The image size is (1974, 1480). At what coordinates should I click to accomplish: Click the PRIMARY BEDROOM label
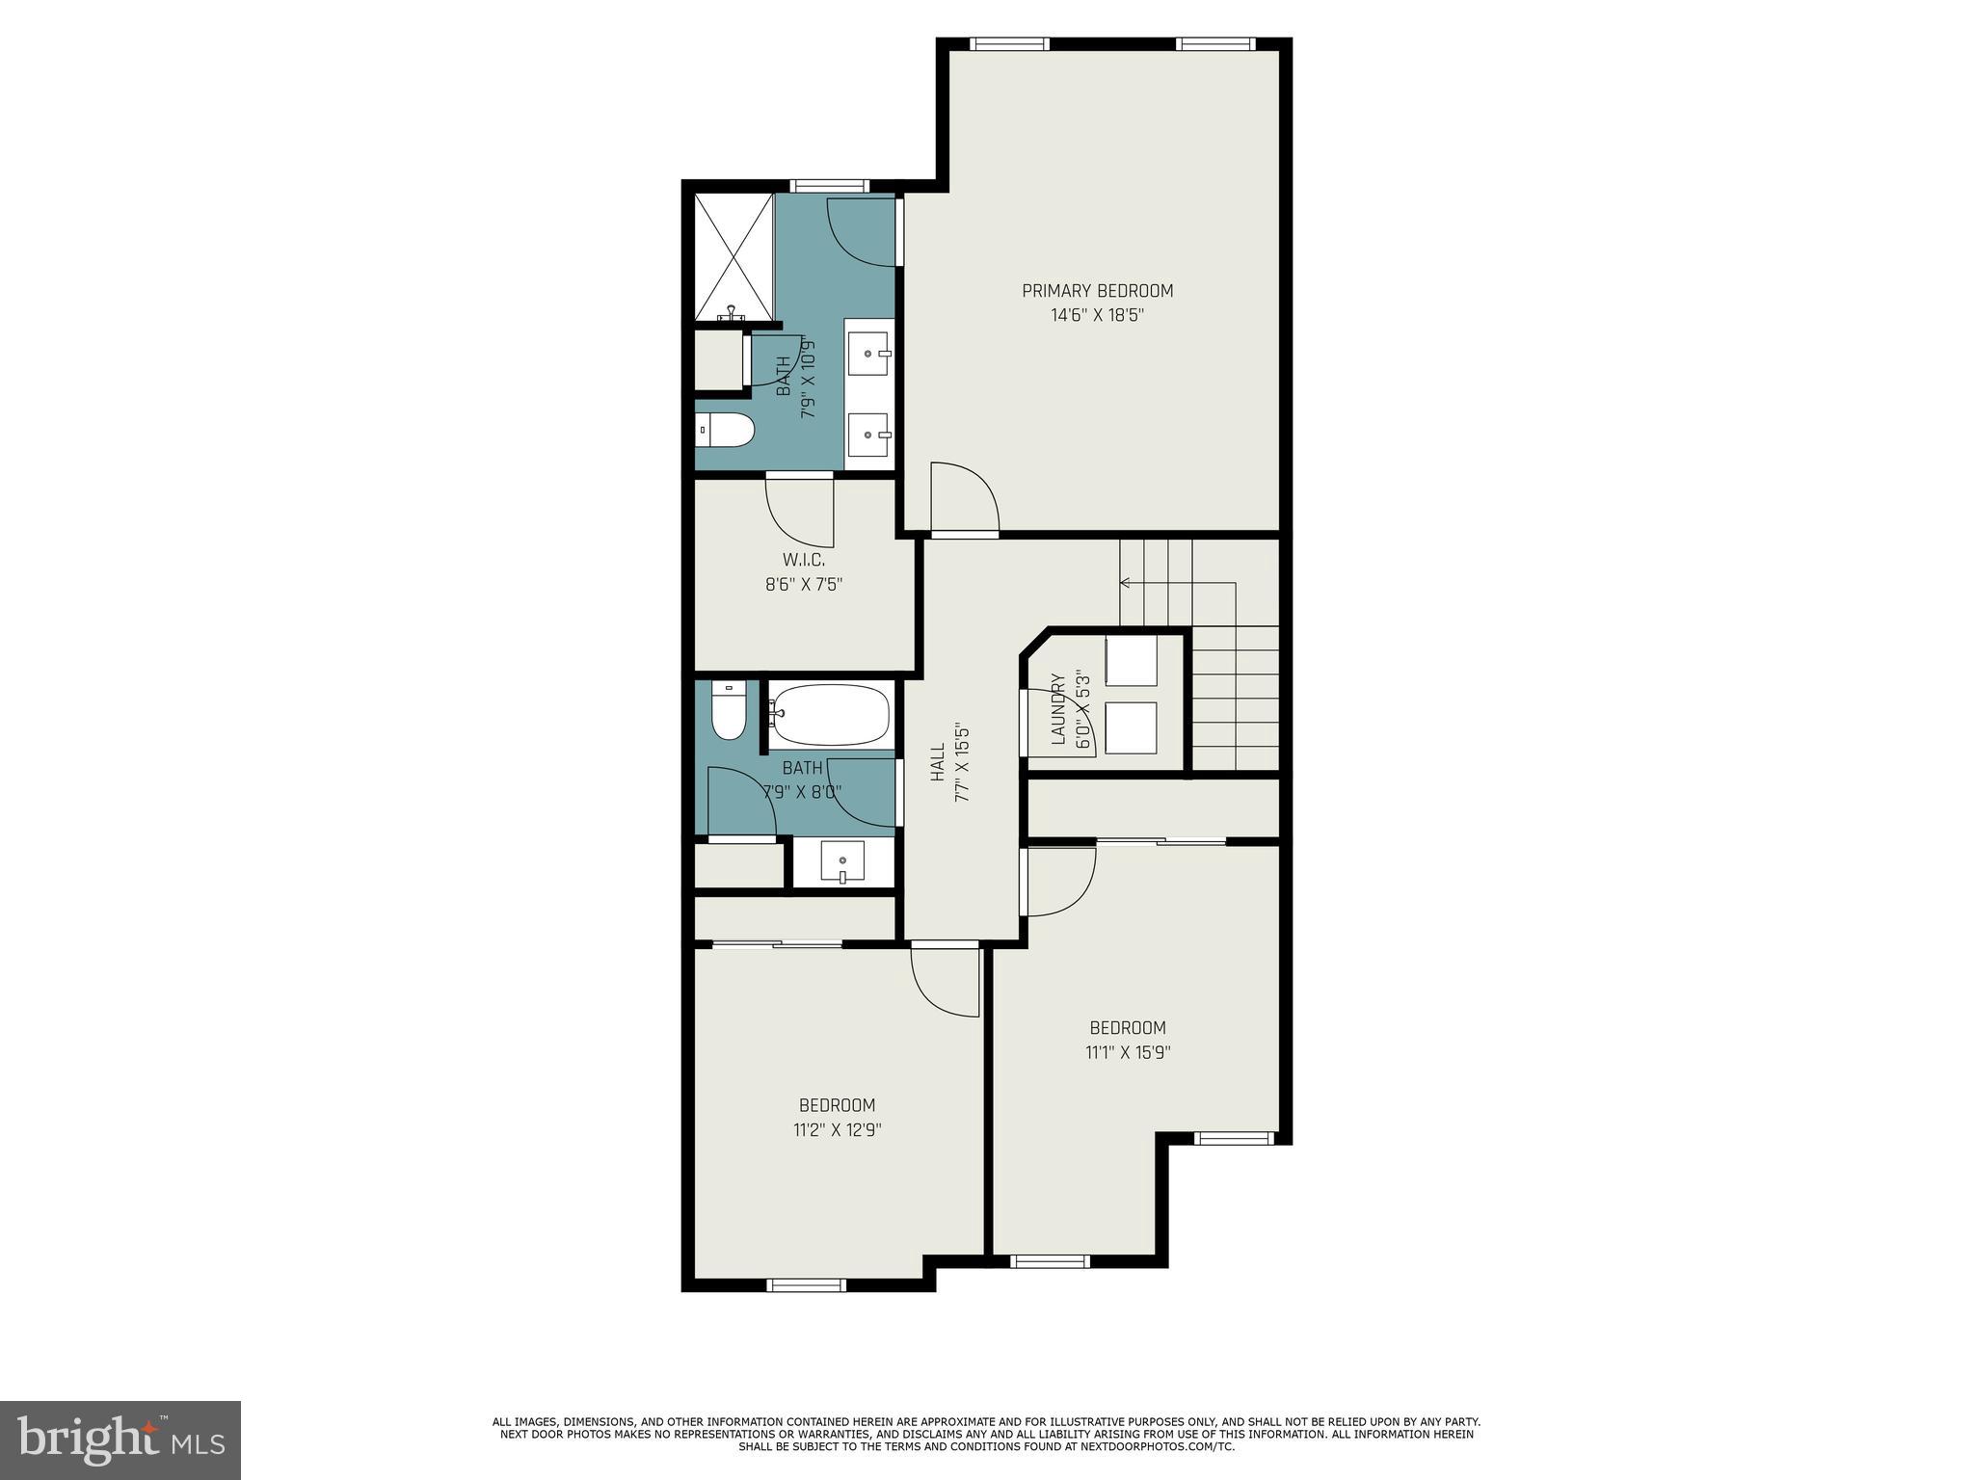click(1097, 291)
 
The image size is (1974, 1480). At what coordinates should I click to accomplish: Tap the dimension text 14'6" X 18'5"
click(1097, 315)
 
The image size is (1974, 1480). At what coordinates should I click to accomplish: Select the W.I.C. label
click(803, 560)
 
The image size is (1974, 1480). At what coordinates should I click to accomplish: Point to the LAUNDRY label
click(1057, 709)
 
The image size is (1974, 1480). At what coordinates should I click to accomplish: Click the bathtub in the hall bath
click(830, 714)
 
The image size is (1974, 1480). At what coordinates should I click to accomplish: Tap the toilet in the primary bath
click(725, 430)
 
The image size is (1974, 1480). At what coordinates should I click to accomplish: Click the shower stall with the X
click(734, 256)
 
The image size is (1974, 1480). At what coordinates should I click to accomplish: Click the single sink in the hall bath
click(842, 859)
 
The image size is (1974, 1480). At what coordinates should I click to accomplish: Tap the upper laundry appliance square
click(1131, 660)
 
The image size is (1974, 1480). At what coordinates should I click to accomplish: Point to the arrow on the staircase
click(1125, 582)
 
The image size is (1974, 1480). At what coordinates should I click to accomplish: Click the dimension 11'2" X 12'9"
click(837, 1130)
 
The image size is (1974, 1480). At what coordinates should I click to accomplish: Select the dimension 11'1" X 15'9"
click(1128, 1052)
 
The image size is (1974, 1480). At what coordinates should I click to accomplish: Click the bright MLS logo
click(120, 1440)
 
